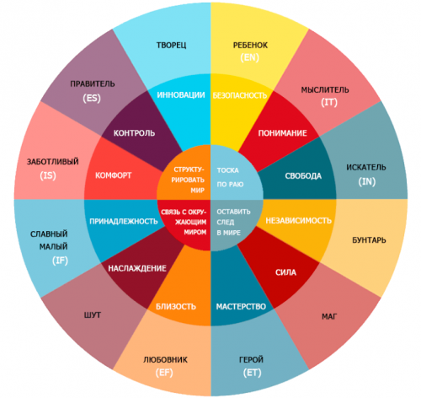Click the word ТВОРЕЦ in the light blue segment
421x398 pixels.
[x=171, y=45]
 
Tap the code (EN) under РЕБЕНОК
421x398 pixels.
[x=249, y=57]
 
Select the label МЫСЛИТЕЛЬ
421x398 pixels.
[x=325, y=90]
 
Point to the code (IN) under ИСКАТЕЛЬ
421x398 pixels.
[x=367, y=182]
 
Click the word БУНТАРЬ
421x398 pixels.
[x=369, y=240]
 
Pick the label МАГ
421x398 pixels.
[x=329, y=317]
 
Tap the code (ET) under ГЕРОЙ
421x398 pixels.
[x=252, y=373]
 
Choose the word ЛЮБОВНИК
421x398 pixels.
[x=165, y=360]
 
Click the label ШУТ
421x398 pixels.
[x=93, y=315]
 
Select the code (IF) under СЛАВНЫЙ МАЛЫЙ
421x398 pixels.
[x=60, y=261]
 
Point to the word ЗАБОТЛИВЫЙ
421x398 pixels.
[x=53, y=162]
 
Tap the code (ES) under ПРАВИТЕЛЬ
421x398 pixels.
[x=92, y=98]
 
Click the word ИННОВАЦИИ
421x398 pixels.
[x=181, y=95]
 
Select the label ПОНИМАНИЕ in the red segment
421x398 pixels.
[x=282, y=133]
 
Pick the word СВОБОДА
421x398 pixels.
[x=303, y=176]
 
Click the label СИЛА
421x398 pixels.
[x=285, y=272]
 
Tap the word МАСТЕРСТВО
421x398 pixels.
[x=241, y=306]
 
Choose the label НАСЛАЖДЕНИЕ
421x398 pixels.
[x=137, y=268]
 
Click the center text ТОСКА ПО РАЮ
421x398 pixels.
[x=230, y=177]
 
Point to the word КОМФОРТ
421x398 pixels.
[x=114, y=175]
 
